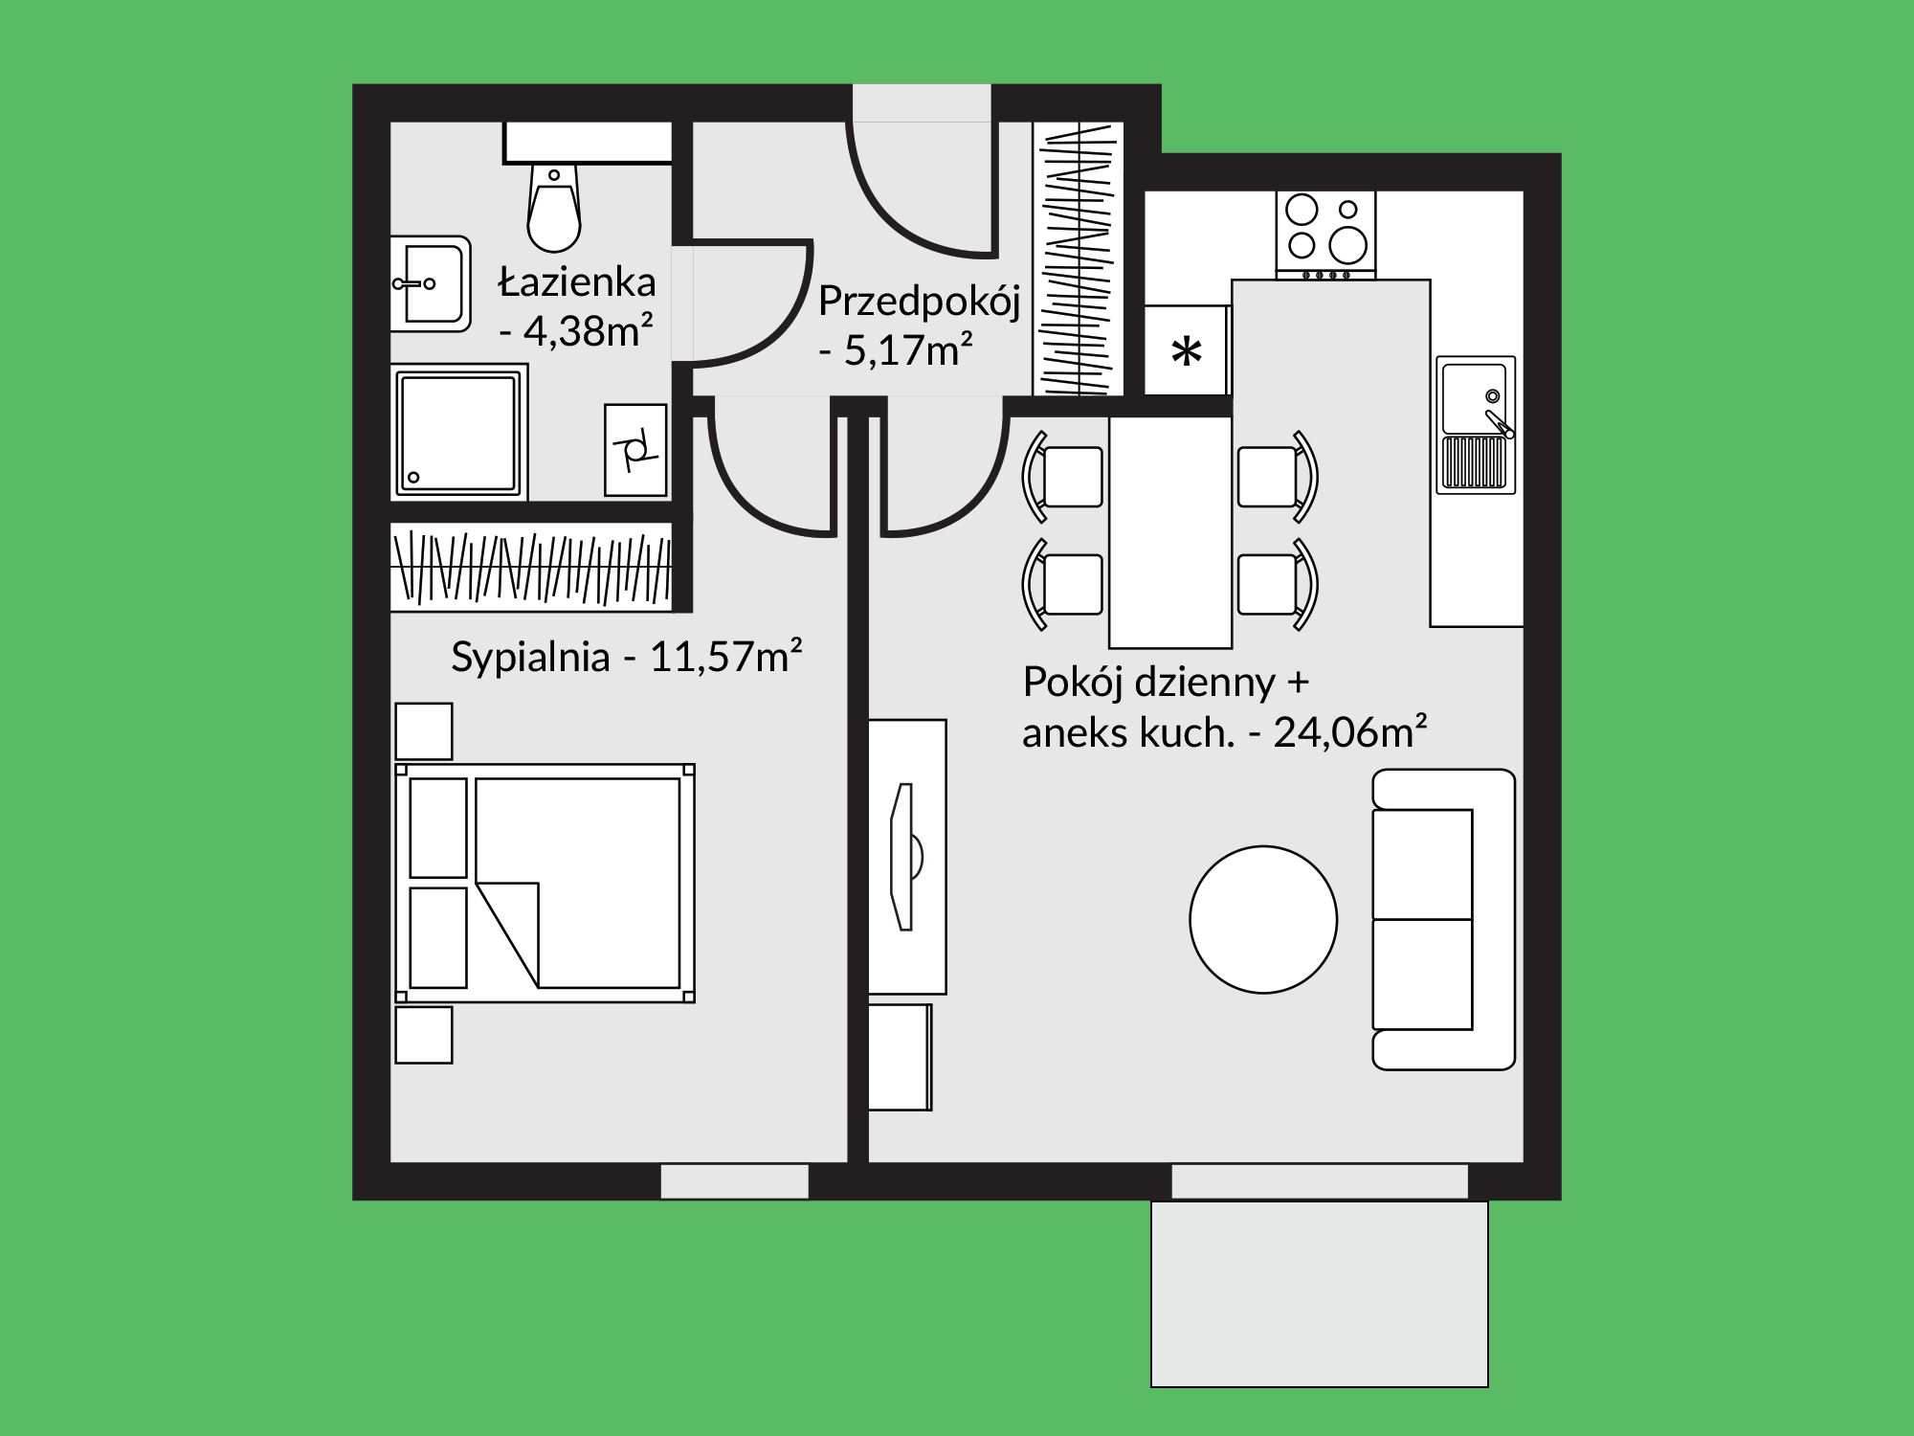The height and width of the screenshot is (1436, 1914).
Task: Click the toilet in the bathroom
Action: pos(553,206)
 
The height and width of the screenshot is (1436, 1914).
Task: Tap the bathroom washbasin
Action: pos(432,283)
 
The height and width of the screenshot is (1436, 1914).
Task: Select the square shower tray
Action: pos(459,432)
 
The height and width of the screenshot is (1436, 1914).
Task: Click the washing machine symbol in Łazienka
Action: pos(635,450)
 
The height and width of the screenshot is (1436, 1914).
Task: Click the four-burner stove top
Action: pos(1325,235)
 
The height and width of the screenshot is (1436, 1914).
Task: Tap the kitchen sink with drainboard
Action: pos(1476,425)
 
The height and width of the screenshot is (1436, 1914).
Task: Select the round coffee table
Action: pos(1263,920)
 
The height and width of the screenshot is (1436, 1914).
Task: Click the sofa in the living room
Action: pos(1443,919)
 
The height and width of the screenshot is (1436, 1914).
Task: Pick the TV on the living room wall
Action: pos(905,857)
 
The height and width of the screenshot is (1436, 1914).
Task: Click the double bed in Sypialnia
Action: pos(545,883)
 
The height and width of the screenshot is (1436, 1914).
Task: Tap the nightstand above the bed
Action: pos(424,731)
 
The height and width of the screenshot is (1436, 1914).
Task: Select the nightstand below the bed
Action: pos(424,1035)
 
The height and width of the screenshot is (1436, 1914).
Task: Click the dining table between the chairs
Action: pos(1170,532)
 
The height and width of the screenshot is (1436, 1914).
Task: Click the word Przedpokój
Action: pos(920,302)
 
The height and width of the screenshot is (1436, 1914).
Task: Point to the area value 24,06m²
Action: pos(1350,732)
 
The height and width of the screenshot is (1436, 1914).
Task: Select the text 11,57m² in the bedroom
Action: pos(725,657)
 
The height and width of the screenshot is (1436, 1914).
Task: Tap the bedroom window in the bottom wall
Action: pos(735,1181)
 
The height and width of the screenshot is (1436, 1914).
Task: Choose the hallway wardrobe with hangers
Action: pos(1079,258)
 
